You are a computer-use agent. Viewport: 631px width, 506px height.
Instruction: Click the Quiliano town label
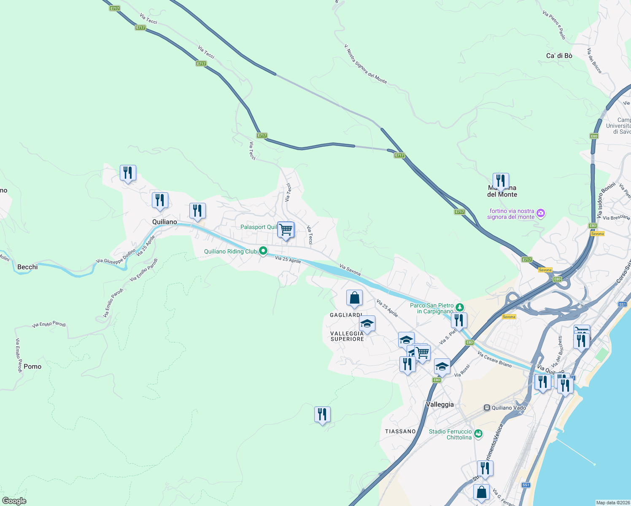164,222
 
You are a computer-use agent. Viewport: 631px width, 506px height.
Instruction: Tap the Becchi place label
27,267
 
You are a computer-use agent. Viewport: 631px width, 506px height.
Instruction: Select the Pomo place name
32,366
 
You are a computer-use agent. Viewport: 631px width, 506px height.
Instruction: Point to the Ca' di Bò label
559,56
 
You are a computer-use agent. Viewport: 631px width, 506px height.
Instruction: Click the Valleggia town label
440,404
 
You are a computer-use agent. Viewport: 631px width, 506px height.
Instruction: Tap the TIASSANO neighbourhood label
400,431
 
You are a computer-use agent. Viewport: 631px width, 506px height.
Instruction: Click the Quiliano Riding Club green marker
263,251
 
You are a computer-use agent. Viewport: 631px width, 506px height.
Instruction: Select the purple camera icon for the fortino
541,213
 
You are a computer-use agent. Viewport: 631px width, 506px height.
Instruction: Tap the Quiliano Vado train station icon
487,408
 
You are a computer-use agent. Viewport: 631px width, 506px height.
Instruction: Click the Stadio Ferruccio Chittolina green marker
478,433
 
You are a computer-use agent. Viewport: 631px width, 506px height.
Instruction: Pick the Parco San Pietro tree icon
459,307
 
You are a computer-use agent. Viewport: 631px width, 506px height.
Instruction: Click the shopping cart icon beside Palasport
286,230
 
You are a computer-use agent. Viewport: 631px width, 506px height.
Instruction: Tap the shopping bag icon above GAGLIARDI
354,298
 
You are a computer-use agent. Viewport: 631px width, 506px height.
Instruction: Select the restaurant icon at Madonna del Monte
500,180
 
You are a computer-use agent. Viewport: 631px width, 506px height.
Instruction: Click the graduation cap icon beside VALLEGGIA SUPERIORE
367,323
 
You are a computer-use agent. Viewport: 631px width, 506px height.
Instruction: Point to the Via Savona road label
350,270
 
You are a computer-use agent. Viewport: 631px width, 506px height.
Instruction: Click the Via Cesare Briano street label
494,359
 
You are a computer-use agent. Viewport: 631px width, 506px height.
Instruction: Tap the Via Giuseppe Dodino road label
116,256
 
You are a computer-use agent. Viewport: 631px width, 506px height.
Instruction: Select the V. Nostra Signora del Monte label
365,64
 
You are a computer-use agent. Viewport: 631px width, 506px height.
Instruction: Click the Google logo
14,501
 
